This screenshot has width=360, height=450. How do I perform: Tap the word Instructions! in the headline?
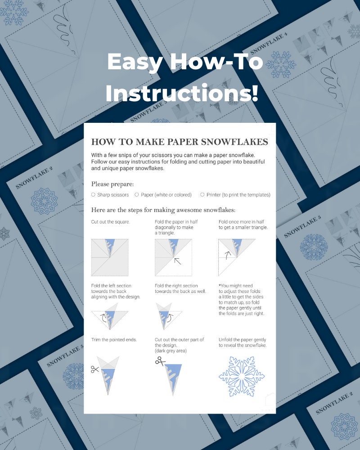point(182,94)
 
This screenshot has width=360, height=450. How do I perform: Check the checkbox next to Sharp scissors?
point(93,195)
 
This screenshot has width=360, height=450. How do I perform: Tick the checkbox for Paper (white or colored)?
point(137,195)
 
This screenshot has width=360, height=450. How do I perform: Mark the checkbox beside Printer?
point(202,195)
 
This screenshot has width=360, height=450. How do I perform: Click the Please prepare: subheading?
point(112,184)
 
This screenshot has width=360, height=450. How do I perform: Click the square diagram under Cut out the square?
point(110,257)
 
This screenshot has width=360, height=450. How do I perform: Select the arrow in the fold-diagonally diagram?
point(177,261)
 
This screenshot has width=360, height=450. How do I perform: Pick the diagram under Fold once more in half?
point(237,256)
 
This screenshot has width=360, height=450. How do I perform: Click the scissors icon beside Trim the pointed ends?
point(94,369)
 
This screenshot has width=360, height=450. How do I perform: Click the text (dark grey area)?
point(171,351)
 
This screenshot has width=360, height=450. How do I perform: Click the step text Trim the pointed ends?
point(114,339)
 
